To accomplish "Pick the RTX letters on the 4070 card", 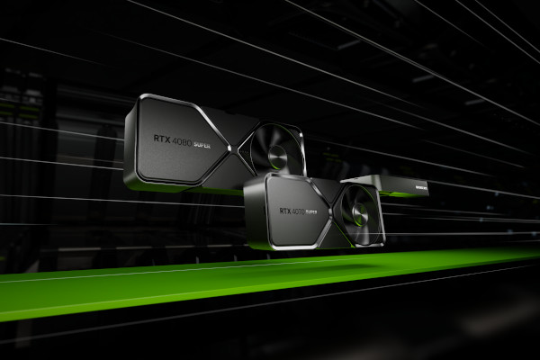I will pos(283,211).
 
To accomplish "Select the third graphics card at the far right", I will pos(403,186).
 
